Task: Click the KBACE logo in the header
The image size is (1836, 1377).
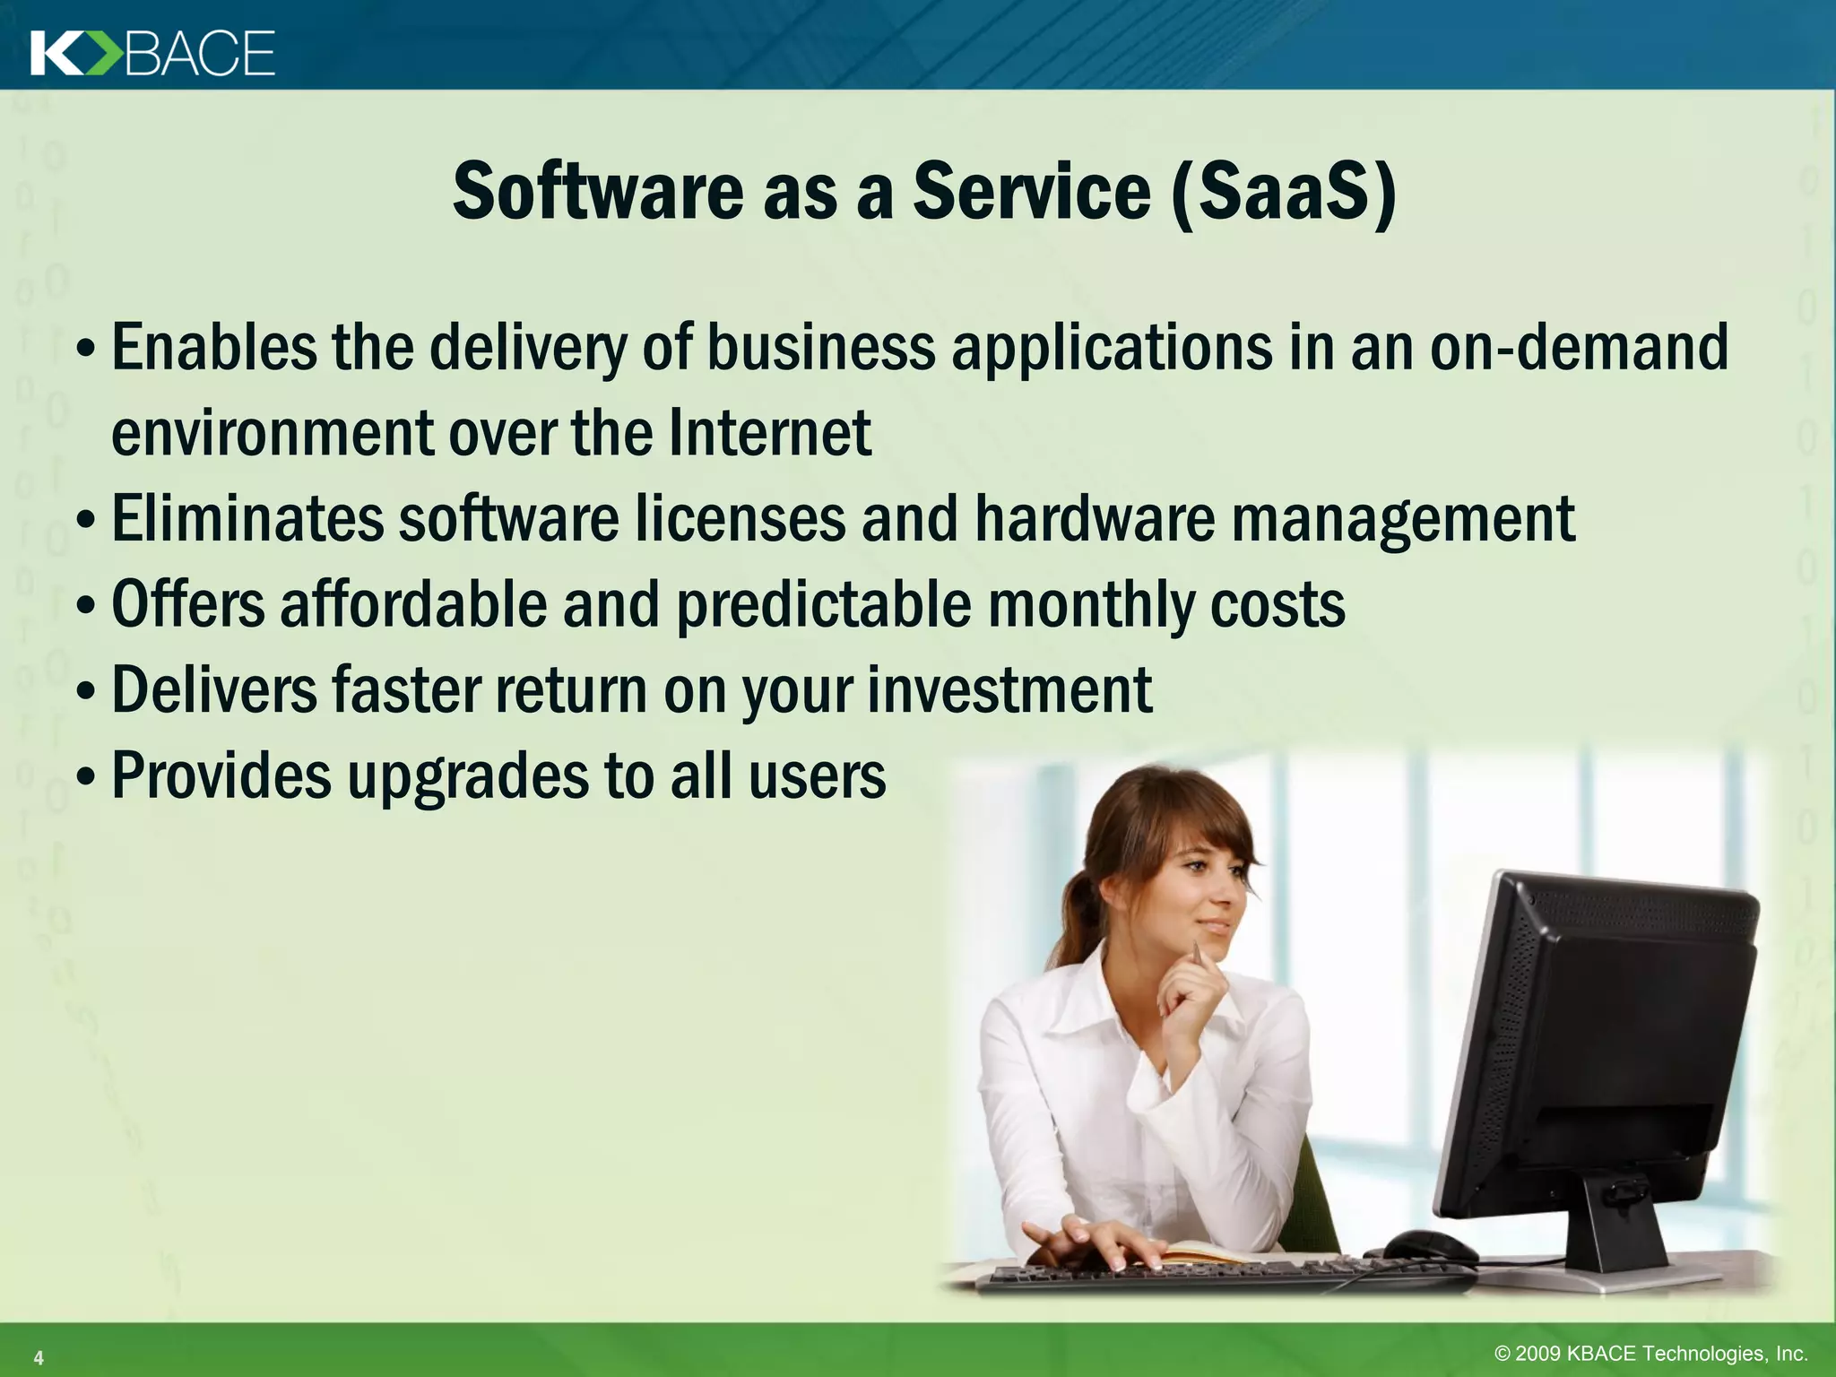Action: [152, 53]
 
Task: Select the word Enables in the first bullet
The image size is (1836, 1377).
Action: [213, 349]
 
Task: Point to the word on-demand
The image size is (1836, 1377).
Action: [1578, 349]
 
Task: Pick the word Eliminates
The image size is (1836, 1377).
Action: [246, 519]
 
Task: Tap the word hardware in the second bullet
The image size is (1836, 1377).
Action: [1094, 519]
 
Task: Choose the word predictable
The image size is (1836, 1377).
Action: [823, 605]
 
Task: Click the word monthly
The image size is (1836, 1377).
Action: [1090, 605]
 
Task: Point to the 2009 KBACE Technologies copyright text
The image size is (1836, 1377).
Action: [1650, 1354]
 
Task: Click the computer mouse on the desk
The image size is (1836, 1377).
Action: [1429, 1245]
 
